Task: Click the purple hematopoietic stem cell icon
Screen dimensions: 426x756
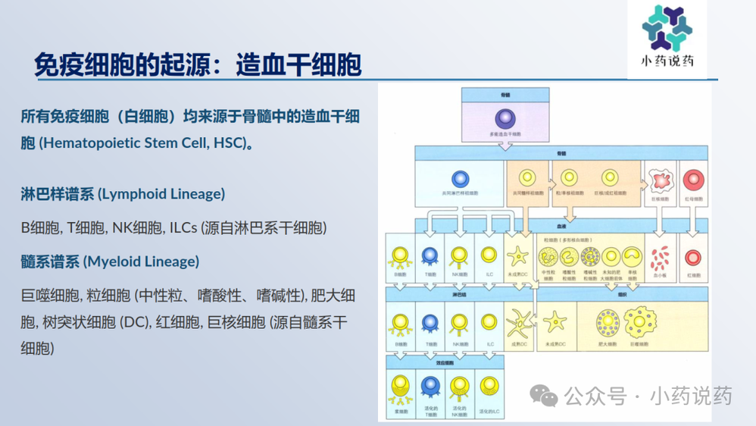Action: pyautogui.click(x=505, y=119)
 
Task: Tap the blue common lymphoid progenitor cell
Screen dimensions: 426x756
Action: pyautogui.click(x=460, y=179)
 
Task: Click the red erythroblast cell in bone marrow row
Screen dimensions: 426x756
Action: pyautogui.click(x=692, y=180)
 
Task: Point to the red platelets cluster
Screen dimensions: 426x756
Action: pyautogui.click(x=661, y=257)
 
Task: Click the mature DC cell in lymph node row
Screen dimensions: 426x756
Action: pyautogui.click(x=519, y=324)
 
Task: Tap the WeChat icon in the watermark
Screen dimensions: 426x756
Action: pyautogui.click(x=543, y=395)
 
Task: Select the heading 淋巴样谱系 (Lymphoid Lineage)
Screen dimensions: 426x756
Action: pyautogui.click(x=123, y=193)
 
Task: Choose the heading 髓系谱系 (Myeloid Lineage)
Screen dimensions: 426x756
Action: pyautogui.click(x=110, y=262)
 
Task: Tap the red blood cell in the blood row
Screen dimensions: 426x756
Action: pyautogui.click(x=692, y=257)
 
